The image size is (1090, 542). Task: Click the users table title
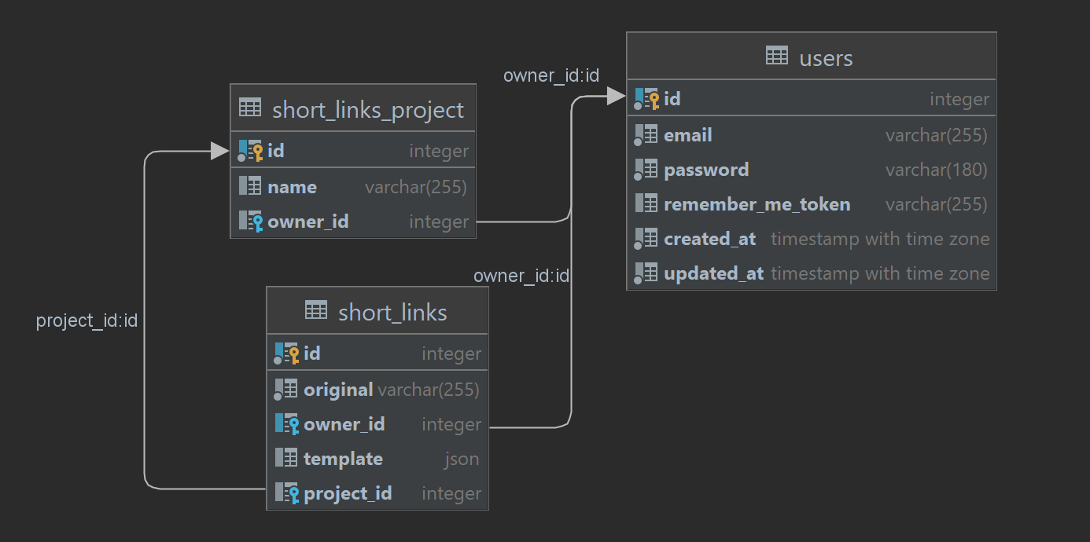826,58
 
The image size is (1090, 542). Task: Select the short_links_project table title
367,110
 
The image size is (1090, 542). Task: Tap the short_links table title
392,313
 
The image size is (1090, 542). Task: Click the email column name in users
688,135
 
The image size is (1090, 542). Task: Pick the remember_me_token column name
757,204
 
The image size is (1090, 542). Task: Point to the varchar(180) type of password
936,170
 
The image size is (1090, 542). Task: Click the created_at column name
709,239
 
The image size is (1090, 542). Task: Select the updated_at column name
713,273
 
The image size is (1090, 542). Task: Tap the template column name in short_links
343,459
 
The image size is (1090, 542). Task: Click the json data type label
462,459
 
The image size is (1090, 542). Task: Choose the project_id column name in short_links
348,493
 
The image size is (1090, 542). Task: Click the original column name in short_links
338,390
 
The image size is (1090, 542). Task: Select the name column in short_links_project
292,187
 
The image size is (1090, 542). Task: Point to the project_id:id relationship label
87,320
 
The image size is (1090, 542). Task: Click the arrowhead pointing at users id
617,97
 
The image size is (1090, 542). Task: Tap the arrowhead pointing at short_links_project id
220,151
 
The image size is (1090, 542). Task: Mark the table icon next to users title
776,56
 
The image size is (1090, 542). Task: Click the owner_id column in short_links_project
307,222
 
